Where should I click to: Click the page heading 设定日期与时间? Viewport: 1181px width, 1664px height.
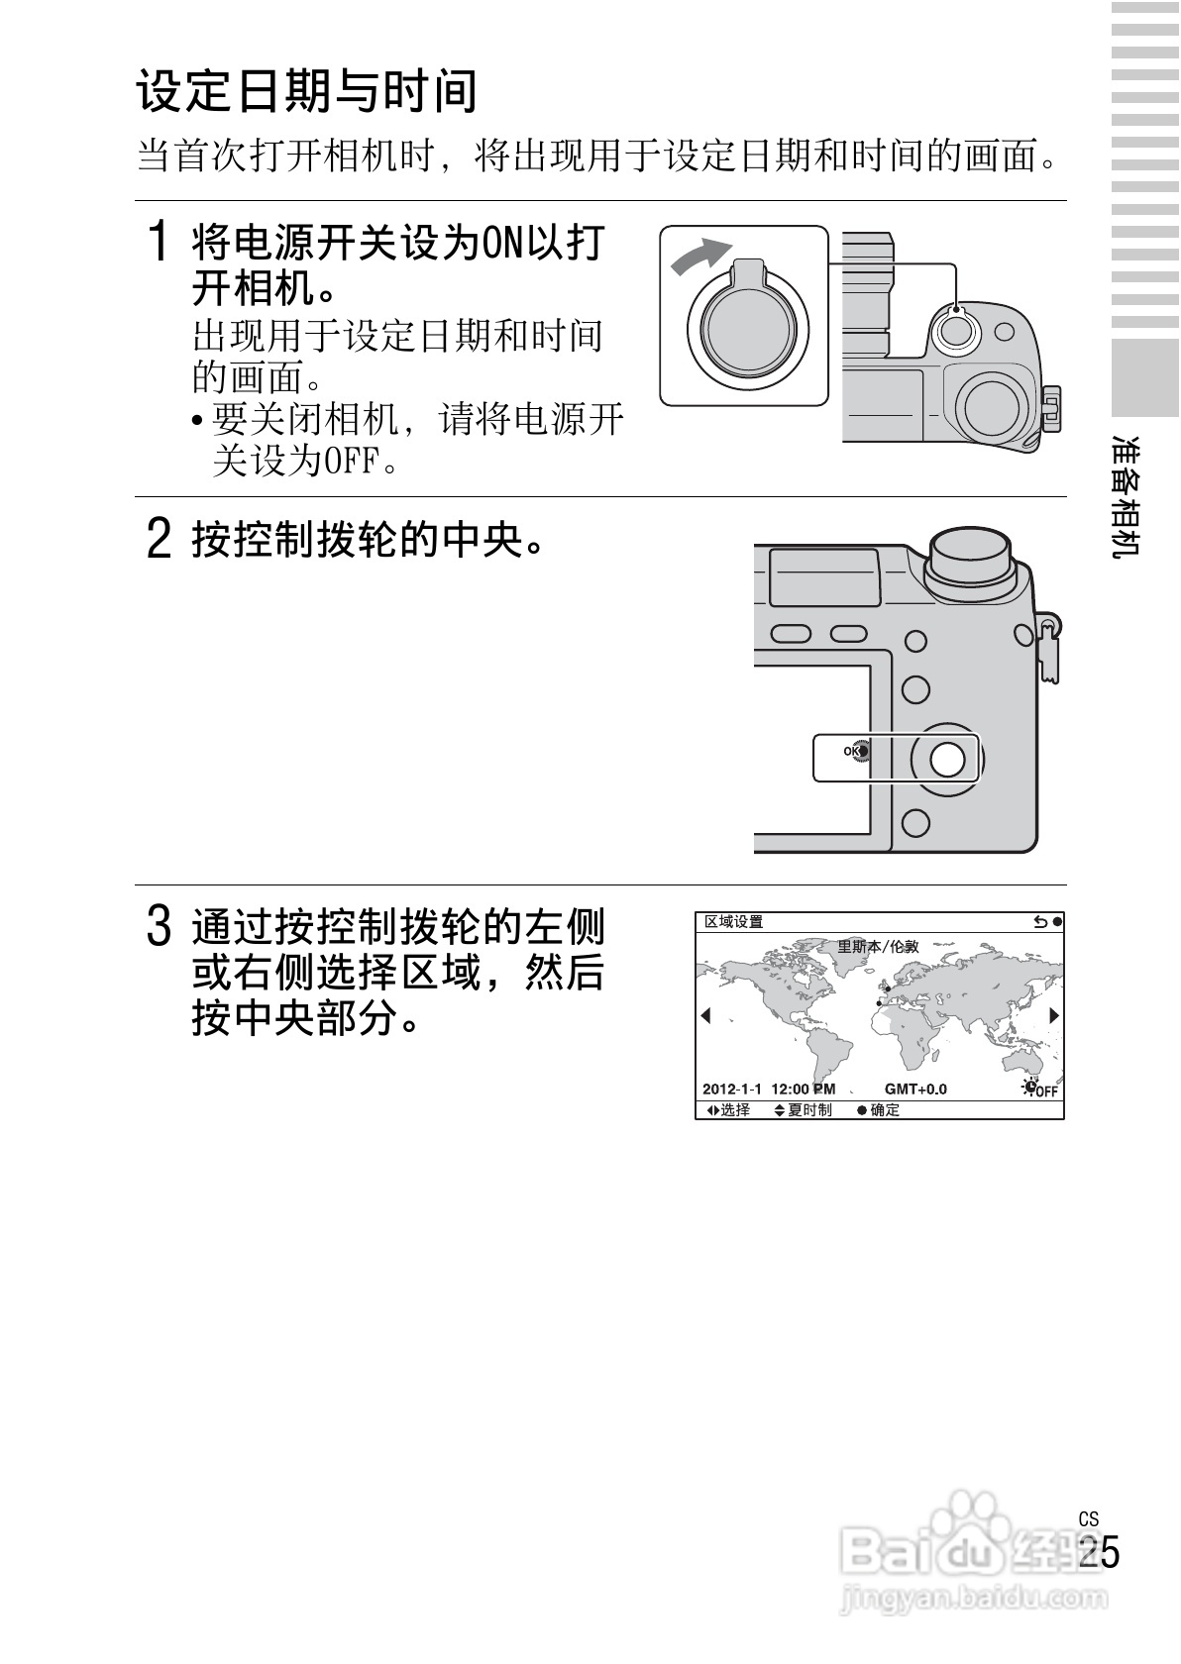click(306, 91)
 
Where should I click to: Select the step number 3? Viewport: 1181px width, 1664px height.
click(160, 926)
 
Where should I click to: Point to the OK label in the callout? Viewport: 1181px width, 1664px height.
click(851, 751)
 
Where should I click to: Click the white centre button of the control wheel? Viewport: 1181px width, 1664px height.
click(947, 759)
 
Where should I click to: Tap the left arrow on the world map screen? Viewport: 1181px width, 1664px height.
click(706, 1014)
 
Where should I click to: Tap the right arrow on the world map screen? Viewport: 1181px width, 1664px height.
click(1054, 1014)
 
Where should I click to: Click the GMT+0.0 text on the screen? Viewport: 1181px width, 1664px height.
click(915, 1090)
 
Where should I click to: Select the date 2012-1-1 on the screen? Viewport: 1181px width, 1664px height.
click(732, 1090)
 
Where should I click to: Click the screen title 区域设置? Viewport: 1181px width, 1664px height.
click(733, 922)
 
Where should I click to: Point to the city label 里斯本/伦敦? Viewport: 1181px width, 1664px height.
click(878, 947)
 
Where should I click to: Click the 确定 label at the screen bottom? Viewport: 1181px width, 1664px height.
click(885, 1109)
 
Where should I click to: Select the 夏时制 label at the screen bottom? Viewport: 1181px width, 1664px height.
click(809, 1109)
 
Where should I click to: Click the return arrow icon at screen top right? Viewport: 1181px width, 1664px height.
click(1040, 922)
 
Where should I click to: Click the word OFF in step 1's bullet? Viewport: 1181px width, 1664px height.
click(350, 462)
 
